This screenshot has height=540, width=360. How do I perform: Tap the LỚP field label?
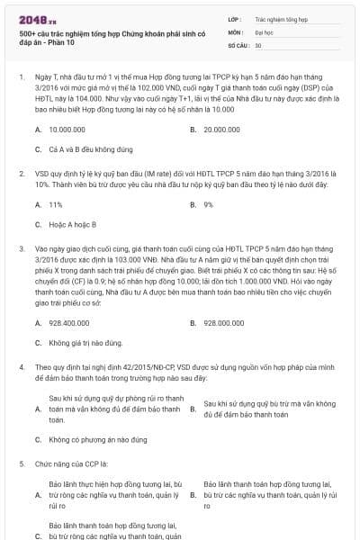pos(234,18)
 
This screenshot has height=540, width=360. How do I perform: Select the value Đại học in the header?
pos(265,31)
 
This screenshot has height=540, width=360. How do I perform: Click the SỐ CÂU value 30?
pos(258,44)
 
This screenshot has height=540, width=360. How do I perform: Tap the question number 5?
pos(21,463)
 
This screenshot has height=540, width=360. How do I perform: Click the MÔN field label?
pos(234,31)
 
